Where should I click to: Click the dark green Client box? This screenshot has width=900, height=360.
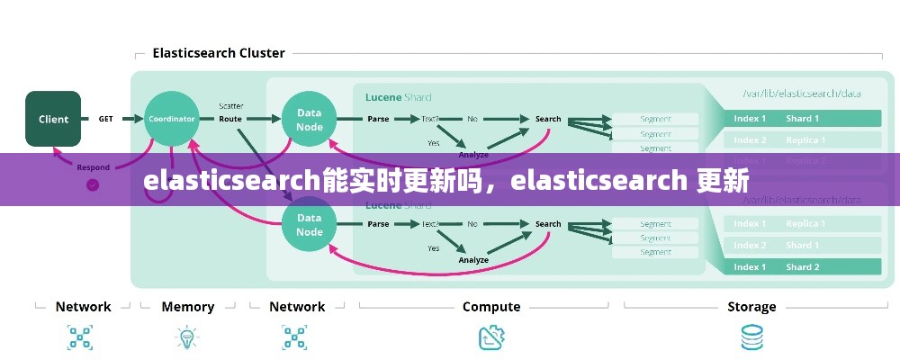(53, 119)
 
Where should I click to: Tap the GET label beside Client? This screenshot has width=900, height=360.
(105, 119)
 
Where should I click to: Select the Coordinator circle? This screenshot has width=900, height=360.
(171, 119)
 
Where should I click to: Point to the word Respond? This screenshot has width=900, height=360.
(94, 167)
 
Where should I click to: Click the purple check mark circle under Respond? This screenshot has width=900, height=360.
(92, 184)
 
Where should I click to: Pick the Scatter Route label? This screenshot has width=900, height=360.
(230, 112)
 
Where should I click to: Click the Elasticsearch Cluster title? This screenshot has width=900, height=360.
(219, 53)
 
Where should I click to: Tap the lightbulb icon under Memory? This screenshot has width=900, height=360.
(187, 337)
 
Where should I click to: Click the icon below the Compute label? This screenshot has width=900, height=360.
(490, 337)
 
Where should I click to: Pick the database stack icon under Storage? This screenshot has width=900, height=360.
(751, 337)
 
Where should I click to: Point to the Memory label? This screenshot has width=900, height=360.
(187, 307)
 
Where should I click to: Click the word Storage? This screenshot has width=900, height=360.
(751, 307)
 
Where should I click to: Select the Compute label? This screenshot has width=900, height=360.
(491, 307)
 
